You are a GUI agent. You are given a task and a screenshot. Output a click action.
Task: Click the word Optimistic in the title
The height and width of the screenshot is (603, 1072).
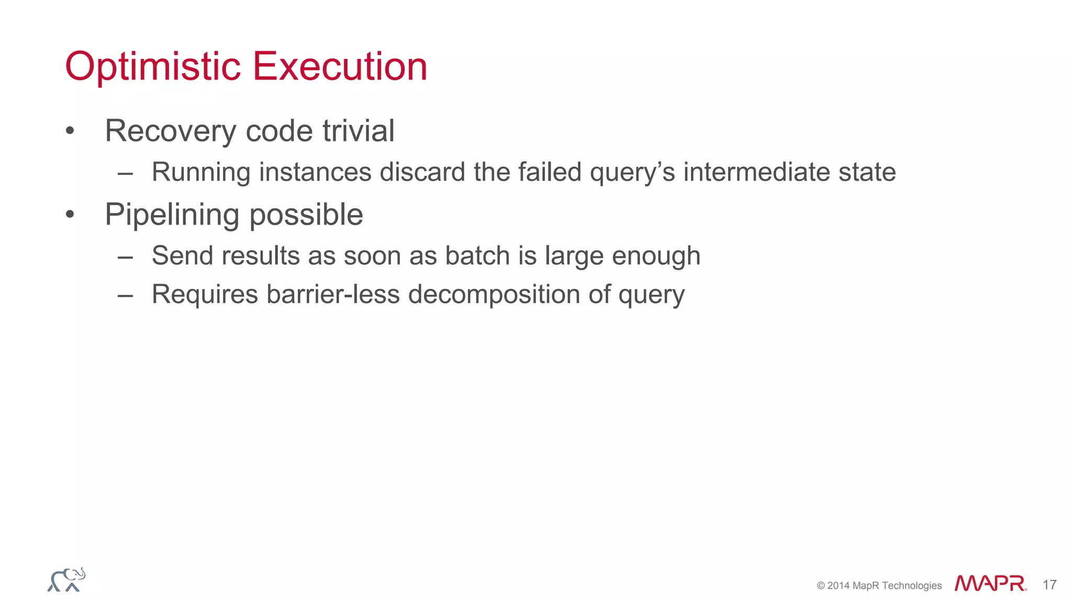pos(153,67)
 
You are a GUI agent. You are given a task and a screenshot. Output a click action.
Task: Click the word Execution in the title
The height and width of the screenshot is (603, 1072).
pos(340,67)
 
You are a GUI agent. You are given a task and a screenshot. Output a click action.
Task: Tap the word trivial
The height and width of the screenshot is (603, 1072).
pos(358,131)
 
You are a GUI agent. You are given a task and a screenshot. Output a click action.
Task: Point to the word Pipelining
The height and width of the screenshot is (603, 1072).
pos(172,215)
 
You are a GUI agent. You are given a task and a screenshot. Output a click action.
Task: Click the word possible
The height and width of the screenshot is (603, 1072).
pos(306,215)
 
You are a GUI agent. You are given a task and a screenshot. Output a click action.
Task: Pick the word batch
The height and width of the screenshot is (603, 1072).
pos(477,256)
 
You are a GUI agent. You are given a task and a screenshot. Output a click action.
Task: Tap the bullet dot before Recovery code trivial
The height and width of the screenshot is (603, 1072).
pos(70,131)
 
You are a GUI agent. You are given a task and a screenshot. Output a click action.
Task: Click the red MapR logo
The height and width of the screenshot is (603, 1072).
pos(989,584)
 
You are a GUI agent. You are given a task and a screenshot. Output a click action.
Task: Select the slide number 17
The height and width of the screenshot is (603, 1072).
pos(1049,585)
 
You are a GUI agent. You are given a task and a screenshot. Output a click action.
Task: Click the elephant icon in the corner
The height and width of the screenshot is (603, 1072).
pos(66,580)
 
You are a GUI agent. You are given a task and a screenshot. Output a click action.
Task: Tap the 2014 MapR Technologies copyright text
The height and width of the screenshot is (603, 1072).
pos(879,586)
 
